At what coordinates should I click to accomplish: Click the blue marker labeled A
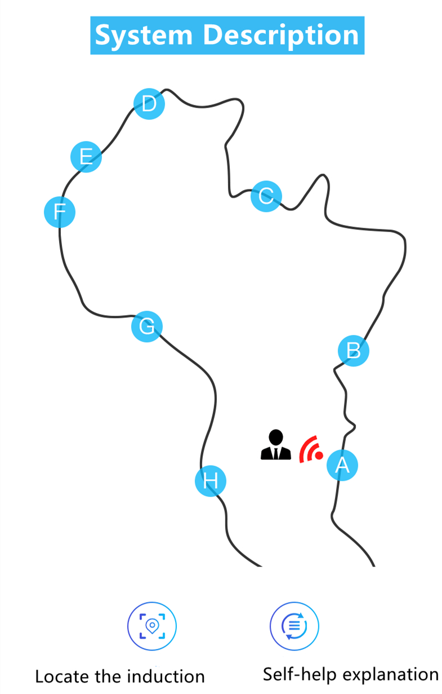point(342,465)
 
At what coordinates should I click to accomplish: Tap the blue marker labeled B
point(354,351)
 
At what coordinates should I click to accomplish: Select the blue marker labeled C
point(266,196)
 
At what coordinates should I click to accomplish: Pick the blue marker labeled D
point(149,104)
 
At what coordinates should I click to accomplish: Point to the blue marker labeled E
point(86,156)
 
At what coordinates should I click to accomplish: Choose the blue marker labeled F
point(60,211)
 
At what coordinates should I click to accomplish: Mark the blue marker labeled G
point(146,326)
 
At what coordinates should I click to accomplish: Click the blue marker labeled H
point(210,481)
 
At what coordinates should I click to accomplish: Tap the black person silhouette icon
point(275,445)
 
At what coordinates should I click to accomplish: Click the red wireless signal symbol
point(311,449)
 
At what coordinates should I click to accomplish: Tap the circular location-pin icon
point(152,626)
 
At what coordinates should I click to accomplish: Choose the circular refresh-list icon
point(294,626)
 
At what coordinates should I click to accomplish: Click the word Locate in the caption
point(60,676)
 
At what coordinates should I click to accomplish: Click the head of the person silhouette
point(276,437)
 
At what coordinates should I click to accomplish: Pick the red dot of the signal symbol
point(319,454)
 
